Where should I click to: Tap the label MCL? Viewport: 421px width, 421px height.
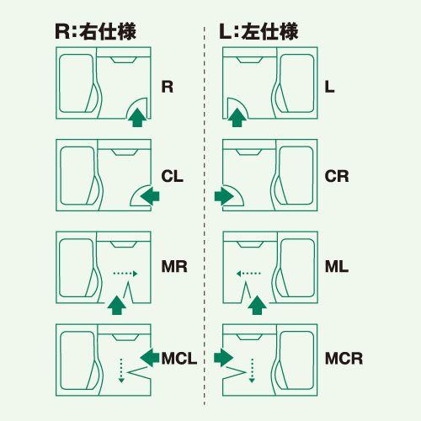click(179, 359)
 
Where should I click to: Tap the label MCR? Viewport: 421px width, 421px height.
click(344, 359)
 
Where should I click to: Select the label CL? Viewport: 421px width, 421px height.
click(173, 177)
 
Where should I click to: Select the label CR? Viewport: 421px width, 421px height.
click(337, 177)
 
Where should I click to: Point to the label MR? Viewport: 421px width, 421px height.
click(173, 268)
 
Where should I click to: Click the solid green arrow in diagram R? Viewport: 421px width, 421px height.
click(135, 119)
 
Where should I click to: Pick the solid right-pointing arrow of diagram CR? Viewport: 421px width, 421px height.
click(223, 196)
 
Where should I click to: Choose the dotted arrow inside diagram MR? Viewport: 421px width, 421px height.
click(125, 273)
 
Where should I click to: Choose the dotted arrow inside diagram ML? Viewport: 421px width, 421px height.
click(249, 273)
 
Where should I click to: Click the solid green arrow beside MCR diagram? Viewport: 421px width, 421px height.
click(223, 358)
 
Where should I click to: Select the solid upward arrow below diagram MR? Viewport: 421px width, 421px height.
click(117, 304)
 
